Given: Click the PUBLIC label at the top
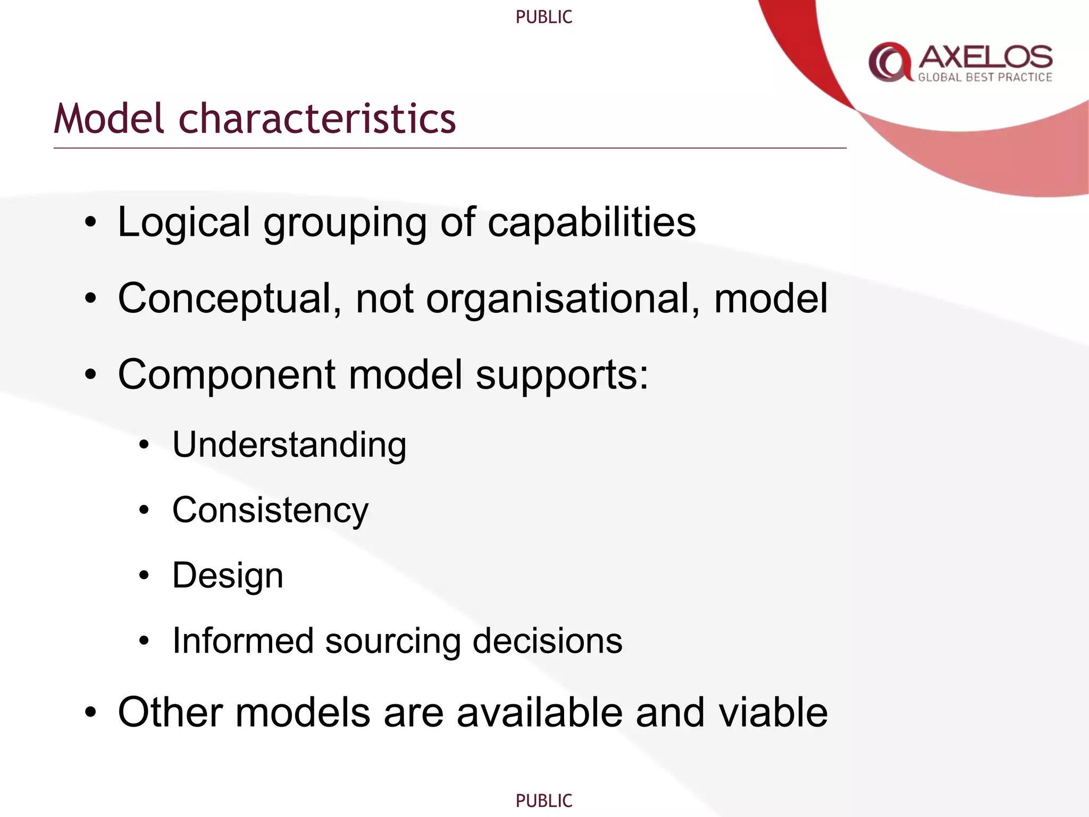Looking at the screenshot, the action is tap(543, 17).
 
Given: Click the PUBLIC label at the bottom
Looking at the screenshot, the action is tap(543, 801).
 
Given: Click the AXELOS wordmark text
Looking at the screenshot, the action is tap(985, 57).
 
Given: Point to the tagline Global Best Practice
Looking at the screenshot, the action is tap(985, 78).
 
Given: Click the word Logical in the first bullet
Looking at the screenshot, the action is tap(184, 222).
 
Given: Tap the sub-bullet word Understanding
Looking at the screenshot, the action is tap(289, 445).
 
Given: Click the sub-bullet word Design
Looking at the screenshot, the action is tap(228, 576).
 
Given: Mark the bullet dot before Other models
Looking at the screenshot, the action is tap(91, 713).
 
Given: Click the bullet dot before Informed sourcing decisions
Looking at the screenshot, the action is tap(144, 641).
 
